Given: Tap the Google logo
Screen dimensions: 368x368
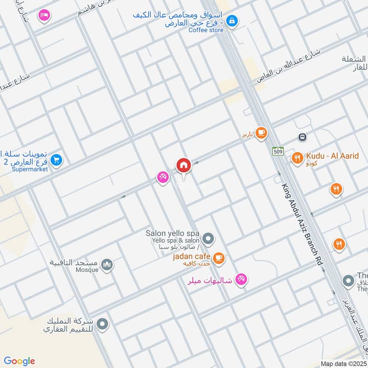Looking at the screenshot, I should [20, 361].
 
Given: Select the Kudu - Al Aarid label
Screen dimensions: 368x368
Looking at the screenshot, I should [331, 156].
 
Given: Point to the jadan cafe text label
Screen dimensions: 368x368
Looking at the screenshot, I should [192, 256].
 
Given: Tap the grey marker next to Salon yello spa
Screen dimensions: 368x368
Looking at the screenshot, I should [208, 239].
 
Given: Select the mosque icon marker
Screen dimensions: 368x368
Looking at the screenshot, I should [108, 265].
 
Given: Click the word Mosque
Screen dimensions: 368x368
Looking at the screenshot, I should [87, 270].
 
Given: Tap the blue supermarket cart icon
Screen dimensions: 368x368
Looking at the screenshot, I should [57, 160].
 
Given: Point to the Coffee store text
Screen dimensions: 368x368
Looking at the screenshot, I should [206, 30].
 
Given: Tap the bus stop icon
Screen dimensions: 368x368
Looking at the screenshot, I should [302, 137].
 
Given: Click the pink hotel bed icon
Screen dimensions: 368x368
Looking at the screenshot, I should [44, 15].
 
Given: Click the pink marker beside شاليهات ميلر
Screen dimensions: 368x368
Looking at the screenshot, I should [241, 279].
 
